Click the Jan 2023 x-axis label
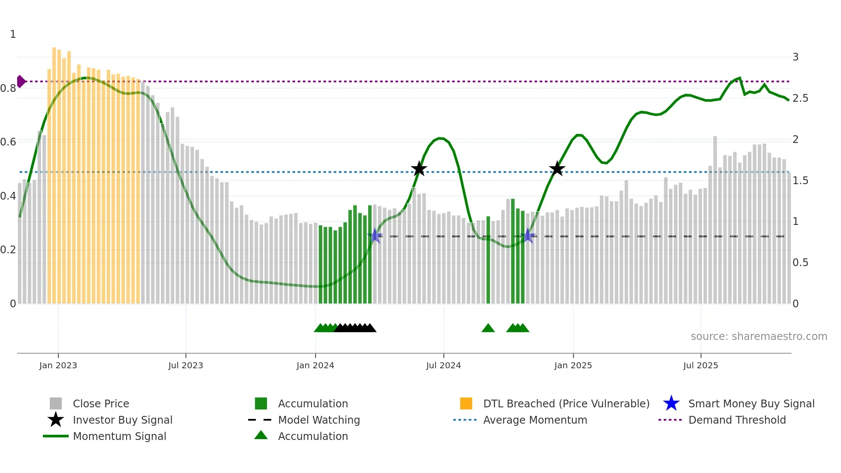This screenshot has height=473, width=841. [x=58, y=365]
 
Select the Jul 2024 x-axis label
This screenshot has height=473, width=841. [x=443, y=365]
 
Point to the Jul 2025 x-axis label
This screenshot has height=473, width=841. [x=700, y=365]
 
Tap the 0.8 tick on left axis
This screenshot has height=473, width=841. [x=8, y=88]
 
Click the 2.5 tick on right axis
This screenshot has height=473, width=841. [x=800, y=98]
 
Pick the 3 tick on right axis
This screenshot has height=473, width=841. [x=796, y=57]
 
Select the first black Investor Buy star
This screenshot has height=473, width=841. [x=419, y=169]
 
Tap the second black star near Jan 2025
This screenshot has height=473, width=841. [x=557, y=169]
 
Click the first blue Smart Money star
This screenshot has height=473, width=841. [x=375, y=236]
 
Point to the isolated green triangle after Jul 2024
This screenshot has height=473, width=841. [x=488, y=328]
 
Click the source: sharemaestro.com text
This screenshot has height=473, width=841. [x=759, y=337]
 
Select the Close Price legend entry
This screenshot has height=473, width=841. [x=101, y=403]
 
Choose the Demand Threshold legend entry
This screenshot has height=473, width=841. [x=737, y=420]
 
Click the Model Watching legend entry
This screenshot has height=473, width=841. [x=319, y=420]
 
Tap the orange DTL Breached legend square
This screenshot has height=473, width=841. [x=466, y=403]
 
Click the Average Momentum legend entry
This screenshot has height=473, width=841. [x=535, y=420]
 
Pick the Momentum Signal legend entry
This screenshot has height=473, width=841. [x=119, y=436]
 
